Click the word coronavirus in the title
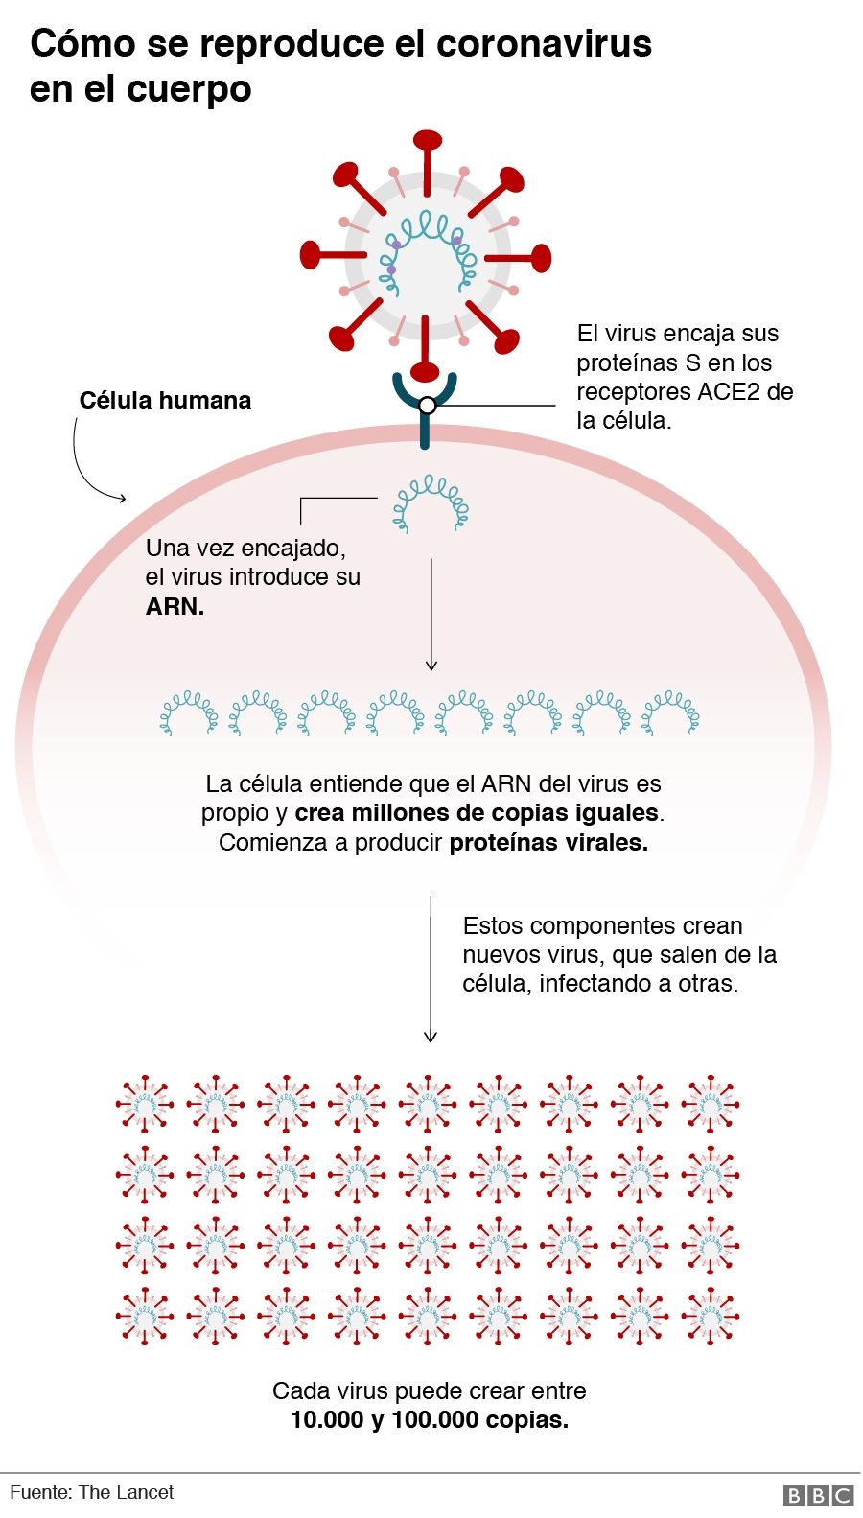pyautogui.click(x=544, y=44)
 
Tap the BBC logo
pyautogui.click(x=818, y=1495)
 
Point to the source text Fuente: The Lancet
pyautogui.click(x=92, y=1492)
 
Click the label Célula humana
pyautogui.click(x=165, y=401)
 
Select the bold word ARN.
pyautogui.click(x=175, y=607)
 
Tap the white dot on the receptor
pyautogui.click(x=428, y=406)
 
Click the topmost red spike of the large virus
pyautogui.click(x=428, y=144)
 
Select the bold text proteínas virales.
pyautogui.click(x=548, y=843)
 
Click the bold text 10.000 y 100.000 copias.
pyautogui.click(x=430, y=1420)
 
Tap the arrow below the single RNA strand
pyautogui.click(x=431, y=614)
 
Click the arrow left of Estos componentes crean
pyautogui.click(x=431, y=969)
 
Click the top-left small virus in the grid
pyautogui.click(x=145, y=1103)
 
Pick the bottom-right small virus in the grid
pyautogui.click(x=710, y=1316)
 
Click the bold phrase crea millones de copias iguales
pyautogui.click(x=477, y=813)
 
